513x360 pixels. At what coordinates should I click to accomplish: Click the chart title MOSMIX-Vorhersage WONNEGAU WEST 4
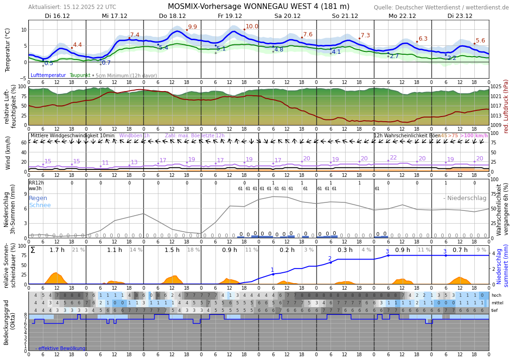click(x=258, y=7)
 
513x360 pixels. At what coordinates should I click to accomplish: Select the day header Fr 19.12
click(x=230, y=16)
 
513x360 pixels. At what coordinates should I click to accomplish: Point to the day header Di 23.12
click(x=460, y=16)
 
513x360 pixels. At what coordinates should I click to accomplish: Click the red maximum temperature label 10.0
click(x=252, y=27)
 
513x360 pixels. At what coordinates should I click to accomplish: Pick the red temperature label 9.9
click(x=192, y=27)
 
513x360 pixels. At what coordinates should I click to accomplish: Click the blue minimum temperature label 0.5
click(x=49, y=63)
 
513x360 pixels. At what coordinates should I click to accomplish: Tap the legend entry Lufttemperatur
click(x=48, y=75)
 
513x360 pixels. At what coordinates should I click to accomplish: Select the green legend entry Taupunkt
click(x=80, y=75)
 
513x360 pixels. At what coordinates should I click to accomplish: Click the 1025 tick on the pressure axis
click(x=496, y=87)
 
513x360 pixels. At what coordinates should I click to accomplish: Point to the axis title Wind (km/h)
click(x=8, y=152)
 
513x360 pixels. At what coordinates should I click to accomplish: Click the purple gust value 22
click(x=393, y=158)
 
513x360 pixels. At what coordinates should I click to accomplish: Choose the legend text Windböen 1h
click(x=134, y=136)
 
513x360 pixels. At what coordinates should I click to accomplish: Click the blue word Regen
click(x=37, y=198)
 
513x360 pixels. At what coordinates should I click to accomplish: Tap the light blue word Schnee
click(x=40, y=205)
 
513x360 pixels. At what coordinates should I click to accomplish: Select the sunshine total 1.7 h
click(x=57, y=250)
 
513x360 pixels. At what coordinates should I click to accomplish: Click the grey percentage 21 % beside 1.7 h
click(x=78, y=250)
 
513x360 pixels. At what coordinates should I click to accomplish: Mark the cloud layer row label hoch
click(x=496, y=295)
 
